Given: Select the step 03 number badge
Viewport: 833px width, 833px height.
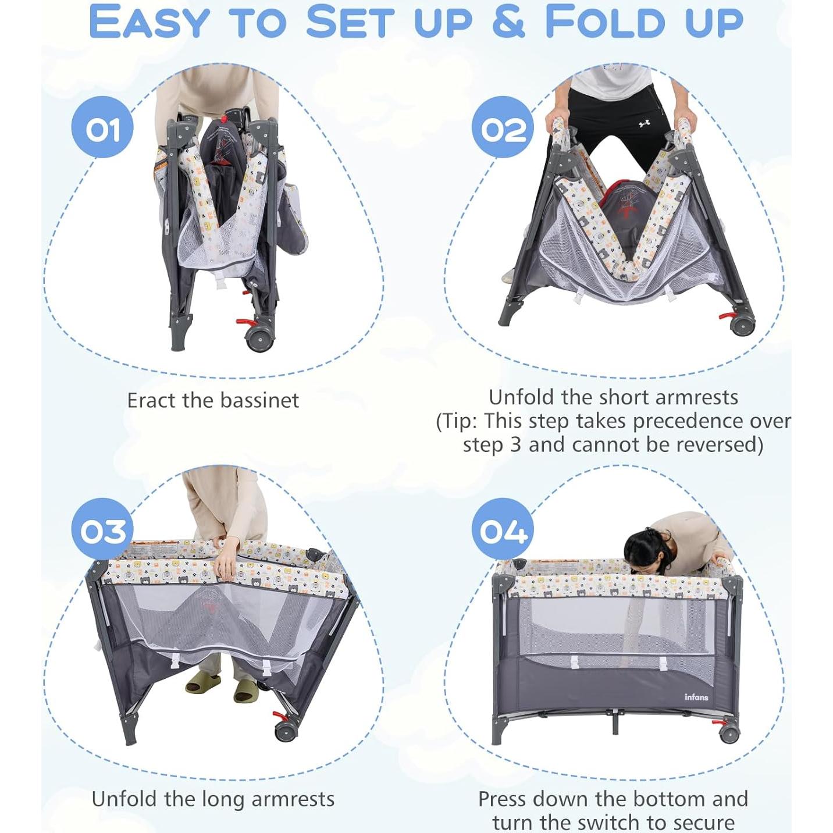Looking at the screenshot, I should [102, 529].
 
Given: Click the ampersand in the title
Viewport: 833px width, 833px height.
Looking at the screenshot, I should [508, 22].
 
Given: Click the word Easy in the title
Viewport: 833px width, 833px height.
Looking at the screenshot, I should [148, 23].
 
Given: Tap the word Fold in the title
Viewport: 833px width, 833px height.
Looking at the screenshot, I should [604, 23].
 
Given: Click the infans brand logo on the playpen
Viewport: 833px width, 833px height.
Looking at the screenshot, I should [696, 697].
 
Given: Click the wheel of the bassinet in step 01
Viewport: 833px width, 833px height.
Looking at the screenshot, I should [259, 339].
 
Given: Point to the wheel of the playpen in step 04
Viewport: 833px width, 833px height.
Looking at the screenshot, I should [728, 734].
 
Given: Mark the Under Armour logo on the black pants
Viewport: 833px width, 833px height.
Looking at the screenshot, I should [644, 124].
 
